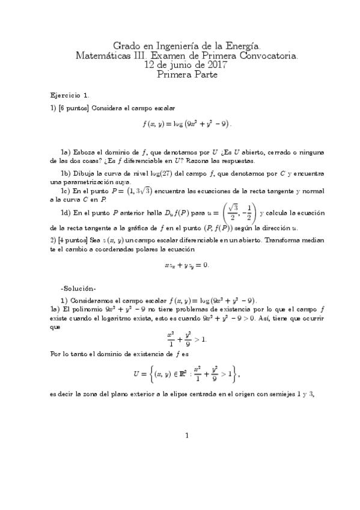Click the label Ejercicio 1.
pyautogui.click(x=70, y=95)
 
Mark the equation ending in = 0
pyautogui.click(x=186, y=265)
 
